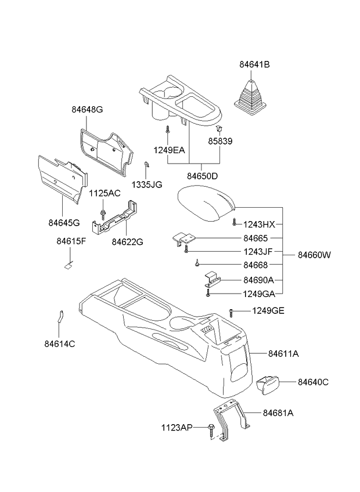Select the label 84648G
tap(87, 109)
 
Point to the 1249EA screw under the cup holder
tap(167, 132)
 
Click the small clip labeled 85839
tap(219, 128)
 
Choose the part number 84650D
tap(203, 175)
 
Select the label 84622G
tap(127, 241)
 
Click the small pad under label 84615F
tap(67, 267)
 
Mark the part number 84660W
tap(315, 255)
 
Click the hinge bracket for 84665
tap(184, 238)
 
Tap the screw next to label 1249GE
tap(231, 312)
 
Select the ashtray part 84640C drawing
tap(268, 384)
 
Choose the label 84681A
tap(278, 413)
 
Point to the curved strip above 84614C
tap(60, 316)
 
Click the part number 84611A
tap(283, 353)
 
